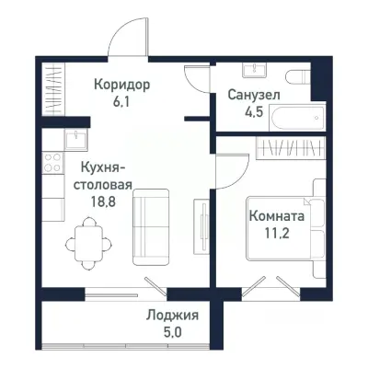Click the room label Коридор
(121, 85)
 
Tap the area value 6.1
(121, 101)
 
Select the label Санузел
(254, 95)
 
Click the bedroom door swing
(228, 170)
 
